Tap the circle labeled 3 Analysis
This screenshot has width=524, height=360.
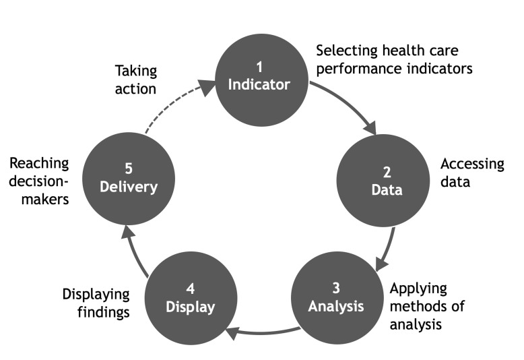pyautogui.click(x=336, y=297)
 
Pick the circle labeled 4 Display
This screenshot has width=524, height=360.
pyautogui.click(x=191, y=297)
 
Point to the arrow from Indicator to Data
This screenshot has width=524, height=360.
pyautogui.click(x=350, y=107)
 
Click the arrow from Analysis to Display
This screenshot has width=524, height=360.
pyautogui.click(x=263, y=330)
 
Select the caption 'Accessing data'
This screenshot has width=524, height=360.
pyautogui.click(x=471, y=173)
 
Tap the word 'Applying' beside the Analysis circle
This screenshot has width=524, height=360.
pyautogui.click(x=418, y=289)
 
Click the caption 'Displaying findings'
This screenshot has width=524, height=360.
pyautogui.click(x=96, y=303)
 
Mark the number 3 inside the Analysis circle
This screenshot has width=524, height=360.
pyautogui.click(x=336, y=287)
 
